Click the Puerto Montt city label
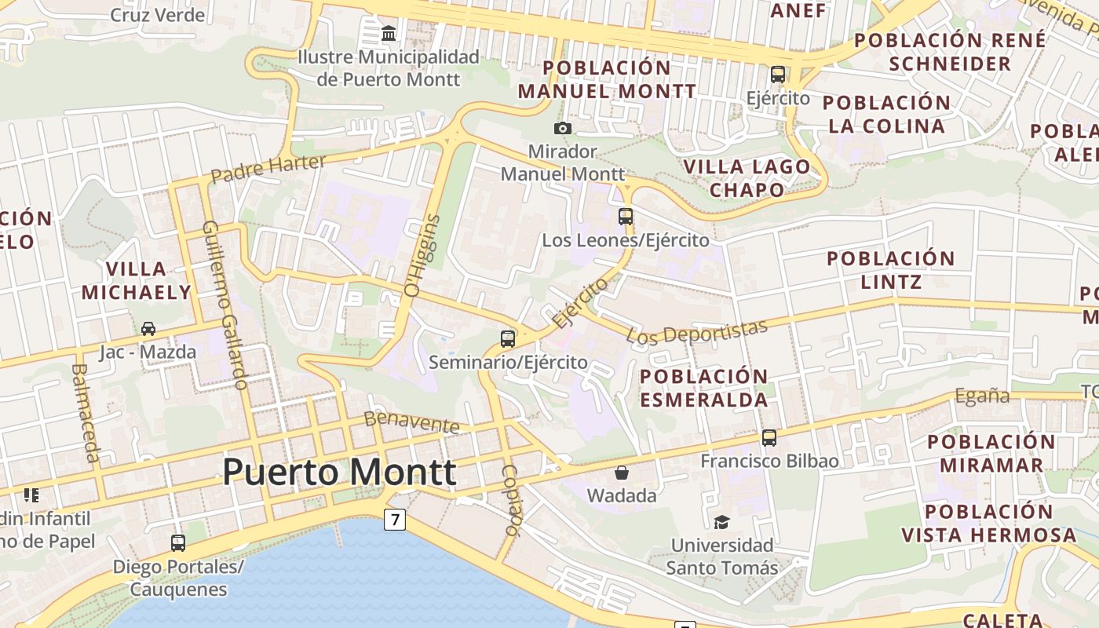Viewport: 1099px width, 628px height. tap(339, 472)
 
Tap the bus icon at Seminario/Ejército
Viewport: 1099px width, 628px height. tap(508, 339)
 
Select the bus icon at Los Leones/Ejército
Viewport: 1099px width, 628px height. tap(626, 217)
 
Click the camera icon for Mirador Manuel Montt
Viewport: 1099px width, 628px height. tap(562, 128)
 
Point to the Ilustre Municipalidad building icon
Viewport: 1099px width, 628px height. tap(389, 34)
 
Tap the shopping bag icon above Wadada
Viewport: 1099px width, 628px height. tap(621, 473)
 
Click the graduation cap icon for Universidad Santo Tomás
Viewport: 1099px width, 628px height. tap(721, 522)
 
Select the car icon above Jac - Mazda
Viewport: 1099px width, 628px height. tap(148, 329)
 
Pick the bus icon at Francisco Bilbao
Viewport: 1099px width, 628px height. tap(769, 438)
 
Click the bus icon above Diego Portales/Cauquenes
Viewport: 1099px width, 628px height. tap(178, 542)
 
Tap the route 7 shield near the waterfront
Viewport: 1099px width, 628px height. tap(394, 519)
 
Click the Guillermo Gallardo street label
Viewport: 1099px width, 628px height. tap(225, 305)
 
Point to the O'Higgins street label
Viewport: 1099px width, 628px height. tap(422, 256)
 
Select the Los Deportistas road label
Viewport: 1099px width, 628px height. tap(696, 332)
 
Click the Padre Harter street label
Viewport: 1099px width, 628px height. tap(268, 168)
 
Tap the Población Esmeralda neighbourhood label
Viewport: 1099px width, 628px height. tap(704, 388)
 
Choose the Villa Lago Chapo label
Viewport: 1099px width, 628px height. tap(747, 177)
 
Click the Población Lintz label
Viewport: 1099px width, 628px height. tap(890, 269)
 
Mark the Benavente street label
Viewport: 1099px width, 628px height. tap(411, 422)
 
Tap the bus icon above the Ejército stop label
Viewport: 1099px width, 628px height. tap(777, 75)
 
